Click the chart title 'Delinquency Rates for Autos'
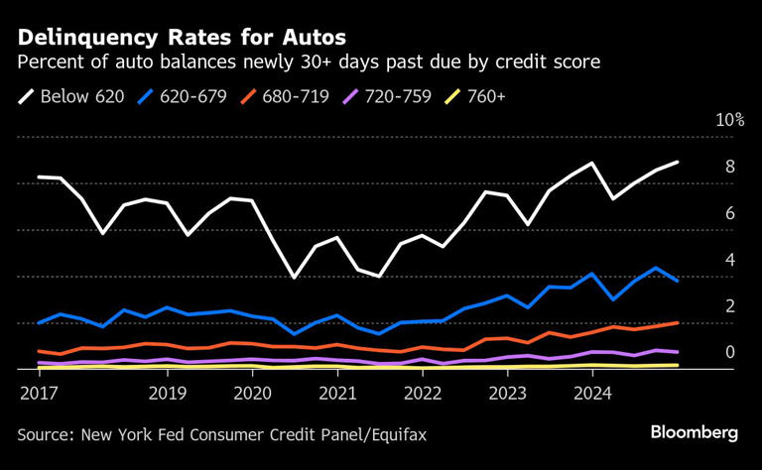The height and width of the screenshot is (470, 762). click(181, 38)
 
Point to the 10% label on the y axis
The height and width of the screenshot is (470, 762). click(729, 120)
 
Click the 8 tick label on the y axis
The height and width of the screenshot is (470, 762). click(729, 167)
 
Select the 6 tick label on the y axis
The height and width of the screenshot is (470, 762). click(729, 213)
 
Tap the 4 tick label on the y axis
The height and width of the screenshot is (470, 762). click(729, 260)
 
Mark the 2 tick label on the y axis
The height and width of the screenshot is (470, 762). click(729, 306)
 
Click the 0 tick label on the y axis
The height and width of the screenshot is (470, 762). click(729, 352)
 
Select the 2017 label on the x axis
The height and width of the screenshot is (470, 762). click(37, 393)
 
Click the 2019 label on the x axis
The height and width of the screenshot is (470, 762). click(167, 393)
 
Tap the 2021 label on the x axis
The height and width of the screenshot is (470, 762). click(337, 393)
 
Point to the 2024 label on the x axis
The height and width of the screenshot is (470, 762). click(593, 393)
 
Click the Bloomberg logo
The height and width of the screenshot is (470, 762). click(694, 432)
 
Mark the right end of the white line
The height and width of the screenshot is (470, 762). click(678, 162)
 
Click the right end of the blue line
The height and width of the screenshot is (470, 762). click(678, 281)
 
